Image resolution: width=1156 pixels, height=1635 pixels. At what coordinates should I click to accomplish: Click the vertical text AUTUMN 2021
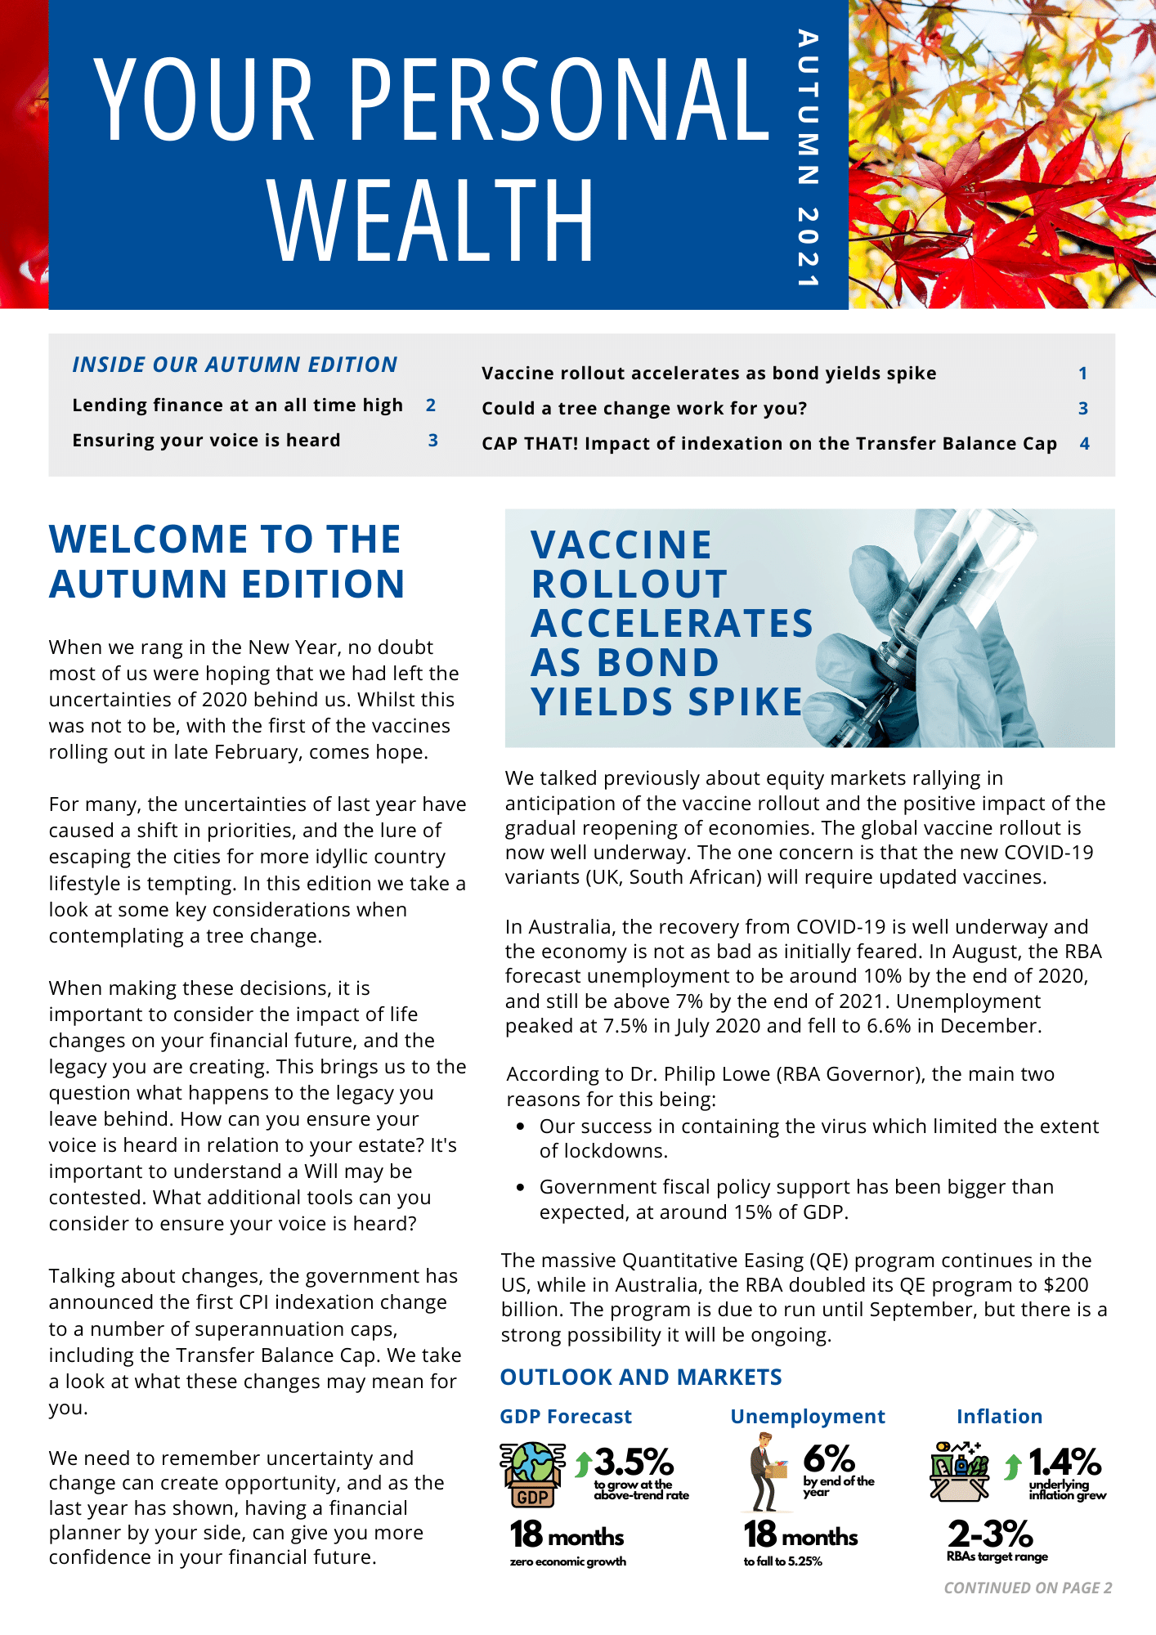click(808, 159)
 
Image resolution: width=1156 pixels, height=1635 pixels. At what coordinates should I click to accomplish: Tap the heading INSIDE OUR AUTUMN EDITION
click(235, 365)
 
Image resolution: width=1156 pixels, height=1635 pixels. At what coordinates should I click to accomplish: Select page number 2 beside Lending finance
click(431, 405)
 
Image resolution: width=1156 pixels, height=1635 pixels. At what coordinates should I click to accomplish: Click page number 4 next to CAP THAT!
click(1085, 444)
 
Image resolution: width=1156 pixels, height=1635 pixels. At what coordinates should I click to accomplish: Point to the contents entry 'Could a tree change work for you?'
click(644, 409)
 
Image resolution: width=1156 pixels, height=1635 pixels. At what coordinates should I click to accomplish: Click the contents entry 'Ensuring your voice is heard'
click(206, 441)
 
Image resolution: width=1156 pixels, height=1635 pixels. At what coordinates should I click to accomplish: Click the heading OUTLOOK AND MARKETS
click(641, 1377)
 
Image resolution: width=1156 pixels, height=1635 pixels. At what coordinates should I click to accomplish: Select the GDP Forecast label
click(566, 1417)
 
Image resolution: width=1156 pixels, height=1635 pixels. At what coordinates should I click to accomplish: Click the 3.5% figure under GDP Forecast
click(634, 1462)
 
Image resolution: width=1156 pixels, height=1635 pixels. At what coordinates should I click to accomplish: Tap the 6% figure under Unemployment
click(828, 1459)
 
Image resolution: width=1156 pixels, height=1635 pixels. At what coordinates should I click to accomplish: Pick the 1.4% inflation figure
click(1064, 1462)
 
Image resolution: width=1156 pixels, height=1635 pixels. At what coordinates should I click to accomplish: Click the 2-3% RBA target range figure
click(990, 1534)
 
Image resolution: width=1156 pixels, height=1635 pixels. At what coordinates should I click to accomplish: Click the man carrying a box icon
click(766, 1471)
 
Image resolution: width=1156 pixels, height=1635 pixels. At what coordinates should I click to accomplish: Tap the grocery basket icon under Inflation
click(959, 1471)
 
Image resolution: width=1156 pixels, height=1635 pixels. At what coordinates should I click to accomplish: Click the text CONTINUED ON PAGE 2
click(1028, 1588)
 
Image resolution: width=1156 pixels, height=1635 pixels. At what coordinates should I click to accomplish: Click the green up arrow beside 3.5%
click(583, 1464)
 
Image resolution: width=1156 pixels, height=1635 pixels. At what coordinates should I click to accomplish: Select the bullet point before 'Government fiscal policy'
click(520, 1187)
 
